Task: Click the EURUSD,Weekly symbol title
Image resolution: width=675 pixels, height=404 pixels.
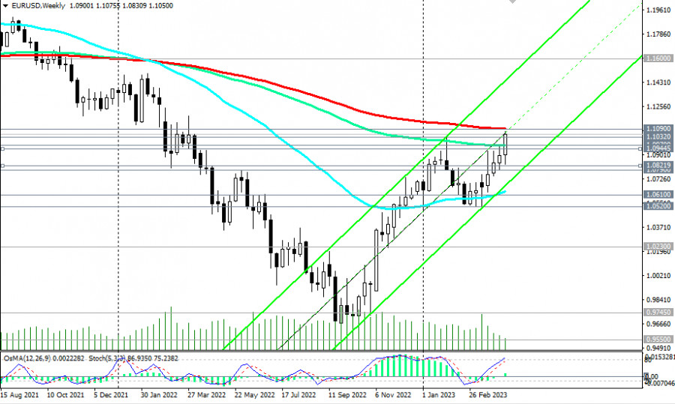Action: point(36,4)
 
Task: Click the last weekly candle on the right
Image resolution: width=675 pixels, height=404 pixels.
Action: point(505,145)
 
